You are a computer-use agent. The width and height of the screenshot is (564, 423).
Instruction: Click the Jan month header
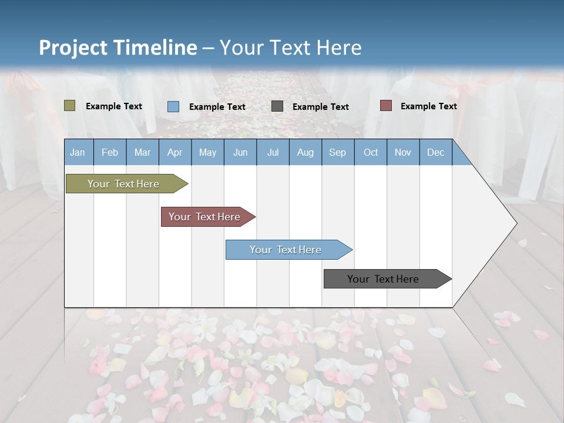78,152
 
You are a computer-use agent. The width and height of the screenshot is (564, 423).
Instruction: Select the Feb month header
110,152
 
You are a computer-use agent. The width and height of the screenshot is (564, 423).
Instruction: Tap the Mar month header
142,152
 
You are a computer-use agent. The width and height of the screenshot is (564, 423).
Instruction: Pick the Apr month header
175,152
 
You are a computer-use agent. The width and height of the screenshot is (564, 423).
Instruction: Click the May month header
207,152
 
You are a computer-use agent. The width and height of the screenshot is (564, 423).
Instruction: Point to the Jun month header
240,152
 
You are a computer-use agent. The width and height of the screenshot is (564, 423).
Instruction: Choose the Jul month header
273,152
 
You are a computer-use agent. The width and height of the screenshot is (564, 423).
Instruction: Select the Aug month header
305,152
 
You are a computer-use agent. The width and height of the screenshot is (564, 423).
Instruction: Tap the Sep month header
338,152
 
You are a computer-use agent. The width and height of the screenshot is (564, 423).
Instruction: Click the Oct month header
371,152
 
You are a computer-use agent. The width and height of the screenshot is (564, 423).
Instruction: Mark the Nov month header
403,152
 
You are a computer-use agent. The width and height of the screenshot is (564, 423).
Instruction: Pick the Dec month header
436,152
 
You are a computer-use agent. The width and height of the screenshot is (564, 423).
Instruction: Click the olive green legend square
69,106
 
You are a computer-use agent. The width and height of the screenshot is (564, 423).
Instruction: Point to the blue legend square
173,106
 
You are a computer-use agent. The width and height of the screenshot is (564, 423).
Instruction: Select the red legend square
385,106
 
